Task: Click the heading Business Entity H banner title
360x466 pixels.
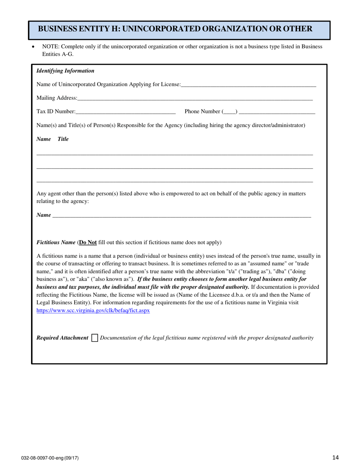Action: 175,29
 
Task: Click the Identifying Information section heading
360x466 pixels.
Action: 65,71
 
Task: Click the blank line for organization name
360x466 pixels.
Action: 248,85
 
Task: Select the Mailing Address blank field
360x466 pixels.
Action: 195,98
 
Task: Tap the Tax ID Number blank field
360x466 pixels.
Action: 125,111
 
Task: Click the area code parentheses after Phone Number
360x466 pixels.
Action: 230,111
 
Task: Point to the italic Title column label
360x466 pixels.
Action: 63,139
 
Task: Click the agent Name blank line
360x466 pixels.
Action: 182,215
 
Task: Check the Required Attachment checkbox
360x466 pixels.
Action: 95,338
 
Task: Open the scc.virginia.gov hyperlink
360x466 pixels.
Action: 93,310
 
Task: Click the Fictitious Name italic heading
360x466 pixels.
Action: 56,242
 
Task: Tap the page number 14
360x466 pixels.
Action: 335,458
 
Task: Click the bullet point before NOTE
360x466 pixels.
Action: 33,47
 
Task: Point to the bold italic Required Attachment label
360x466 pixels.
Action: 62,338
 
